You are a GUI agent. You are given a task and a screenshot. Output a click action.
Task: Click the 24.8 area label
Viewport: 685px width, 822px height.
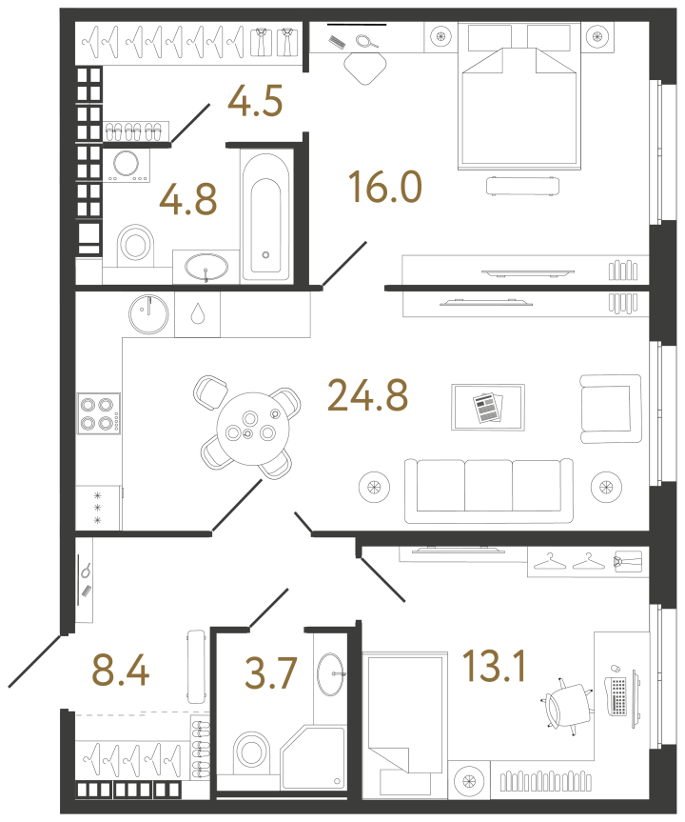[x=367, y=395]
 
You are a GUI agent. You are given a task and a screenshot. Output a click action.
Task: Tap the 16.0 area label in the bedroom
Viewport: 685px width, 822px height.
[x=385, y=187]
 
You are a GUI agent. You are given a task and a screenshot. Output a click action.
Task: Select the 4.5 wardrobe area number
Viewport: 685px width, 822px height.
[x=256, y=100]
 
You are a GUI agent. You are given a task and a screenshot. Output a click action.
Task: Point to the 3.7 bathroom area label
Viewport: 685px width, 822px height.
[x=271, y=672]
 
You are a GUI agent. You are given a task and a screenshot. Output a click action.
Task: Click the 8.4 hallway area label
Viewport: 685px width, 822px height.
[x=121, y=670]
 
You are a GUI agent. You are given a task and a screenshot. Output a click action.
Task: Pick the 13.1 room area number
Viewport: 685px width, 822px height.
[x=495, y=667]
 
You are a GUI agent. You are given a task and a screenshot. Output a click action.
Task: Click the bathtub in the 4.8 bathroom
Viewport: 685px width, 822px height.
[x=265, y=217]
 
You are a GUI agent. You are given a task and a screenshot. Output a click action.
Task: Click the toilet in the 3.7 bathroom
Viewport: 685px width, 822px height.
[x=251, y=752]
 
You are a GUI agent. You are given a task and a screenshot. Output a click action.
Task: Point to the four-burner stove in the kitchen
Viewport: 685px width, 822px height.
[x=98, y=413]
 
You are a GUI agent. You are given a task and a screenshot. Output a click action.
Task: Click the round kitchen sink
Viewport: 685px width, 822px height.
[x=148, y=314]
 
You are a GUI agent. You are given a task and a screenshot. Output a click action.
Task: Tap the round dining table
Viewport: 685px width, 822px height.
[x=253, y=429]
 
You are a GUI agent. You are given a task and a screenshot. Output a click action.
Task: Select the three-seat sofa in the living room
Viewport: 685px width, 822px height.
[x=489, y=491]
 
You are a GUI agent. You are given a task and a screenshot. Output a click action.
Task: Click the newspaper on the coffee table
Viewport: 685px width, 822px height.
[x=487, y=408]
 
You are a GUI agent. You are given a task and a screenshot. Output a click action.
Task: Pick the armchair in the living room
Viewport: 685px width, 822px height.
[x=611, y=409]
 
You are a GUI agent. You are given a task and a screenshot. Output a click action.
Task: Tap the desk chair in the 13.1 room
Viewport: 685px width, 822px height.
[x=568, y=704]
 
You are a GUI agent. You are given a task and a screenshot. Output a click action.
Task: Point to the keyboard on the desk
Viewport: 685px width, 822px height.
[x=618, y=696]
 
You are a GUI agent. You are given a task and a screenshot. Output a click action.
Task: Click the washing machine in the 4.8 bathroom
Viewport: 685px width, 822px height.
[x=127, y=165]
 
